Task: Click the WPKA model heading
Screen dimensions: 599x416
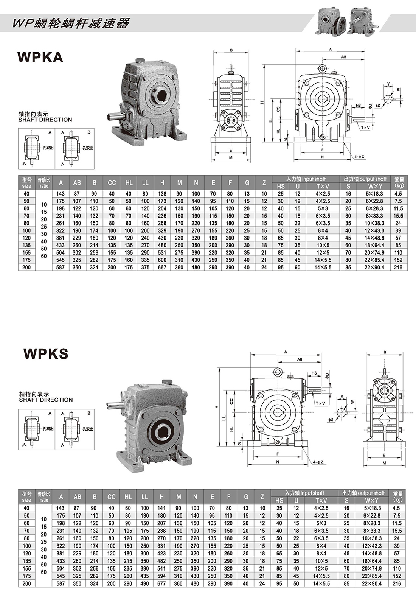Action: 40,57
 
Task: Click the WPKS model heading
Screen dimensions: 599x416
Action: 46,354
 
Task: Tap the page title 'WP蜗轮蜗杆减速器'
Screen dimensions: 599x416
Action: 71,23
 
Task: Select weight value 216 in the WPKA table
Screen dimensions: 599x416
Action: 398,267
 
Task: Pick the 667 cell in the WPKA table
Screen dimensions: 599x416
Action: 162,267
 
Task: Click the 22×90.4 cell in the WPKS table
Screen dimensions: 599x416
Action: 373,583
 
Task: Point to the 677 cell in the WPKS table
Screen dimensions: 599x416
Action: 161,583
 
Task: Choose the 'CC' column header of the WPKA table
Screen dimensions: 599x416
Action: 112,183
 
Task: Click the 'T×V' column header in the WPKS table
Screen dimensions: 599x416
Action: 321,500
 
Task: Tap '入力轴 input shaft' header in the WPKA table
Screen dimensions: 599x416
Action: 306,179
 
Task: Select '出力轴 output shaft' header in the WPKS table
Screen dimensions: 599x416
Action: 363,493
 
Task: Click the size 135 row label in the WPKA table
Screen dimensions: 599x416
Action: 26,245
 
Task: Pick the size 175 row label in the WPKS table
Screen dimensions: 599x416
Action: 26,576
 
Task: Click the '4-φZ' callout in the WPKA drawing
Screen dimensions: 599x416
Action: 359,157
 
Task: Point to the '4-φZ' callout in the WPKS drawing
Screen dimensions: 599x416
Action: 318,462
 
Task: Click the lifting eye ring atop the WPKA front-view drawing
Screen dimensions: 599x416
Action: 322,68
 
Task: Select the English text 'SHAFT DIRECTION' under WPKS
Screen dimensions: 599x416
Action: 46,400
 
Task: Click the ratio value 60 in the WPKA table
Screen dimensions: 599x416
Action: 44,256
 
